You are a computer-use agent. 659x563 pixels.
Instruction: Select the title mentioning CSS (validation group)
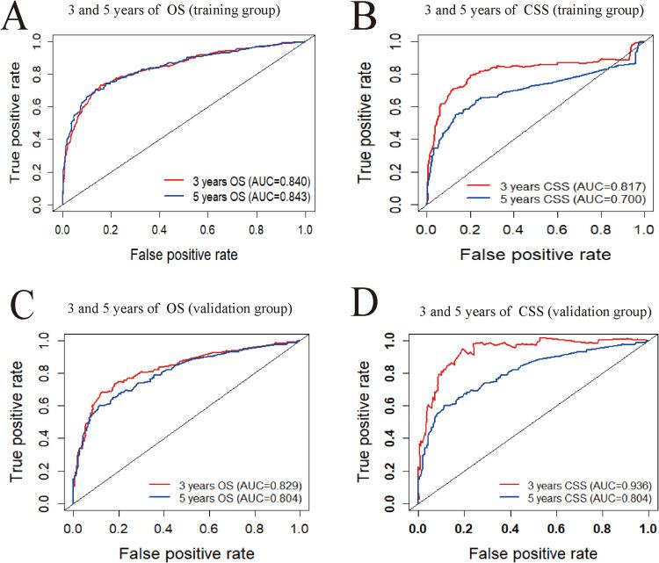[x=511, y=312]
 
